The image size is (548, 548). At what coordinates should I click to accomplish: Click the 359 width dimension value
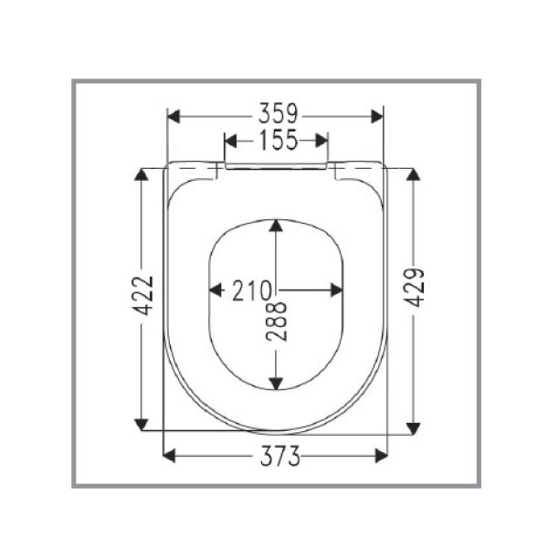(x=275, y=115)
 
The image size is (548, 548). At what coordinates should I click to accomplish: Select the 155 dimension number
(x=275, y=141)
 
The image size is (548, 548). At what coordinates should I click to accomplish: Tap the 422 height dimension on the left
(x=142, y=297)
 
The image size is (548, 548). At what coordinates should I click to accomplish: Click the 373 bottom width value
(x=275, y=457)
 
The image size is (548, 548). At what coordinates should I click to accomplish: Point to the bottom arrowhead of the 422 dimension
(x=142, y=422)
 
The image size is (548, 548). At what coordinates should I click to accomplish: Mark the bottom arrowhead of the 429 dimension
(x=413, y=423)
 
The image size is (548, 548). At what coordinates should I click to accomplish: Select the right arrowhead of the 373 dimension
(x=381, y=456)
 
